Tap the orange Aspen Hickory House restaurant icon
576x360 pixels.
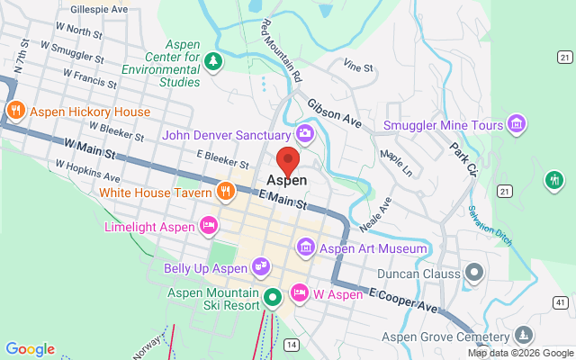point(15,112)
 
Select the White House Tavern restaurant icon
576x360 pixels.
point(226,192)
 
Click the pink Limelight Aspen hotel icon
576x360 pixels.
point(208,224)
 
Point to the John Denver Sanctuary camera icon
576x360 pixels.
point(305,135)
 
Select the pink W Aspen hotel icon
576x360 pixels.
point(298,292)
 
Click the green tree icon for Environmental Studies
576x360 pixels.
point(213,61)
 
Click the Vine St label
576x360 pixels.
point(357,66)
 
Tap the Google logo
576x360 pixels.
point(30,349)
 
